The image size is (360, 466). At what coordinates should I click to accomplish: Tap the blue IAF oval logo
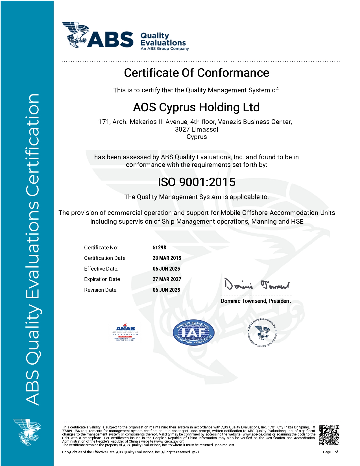pos(193,333)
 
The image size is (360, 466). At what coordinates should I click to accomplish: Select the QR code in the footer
pos(329,435)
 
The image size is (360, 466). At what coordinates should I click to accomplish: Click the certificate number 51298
pos(159,248)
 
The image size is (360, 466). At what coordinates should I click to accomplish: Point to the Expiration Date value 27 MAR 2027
pos(167,279)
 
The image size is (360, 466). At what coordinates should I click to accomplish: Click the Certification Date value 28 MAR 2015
pos(167,258)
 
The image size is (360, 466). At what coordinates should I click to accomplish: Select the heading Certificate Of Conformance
pos(197,73)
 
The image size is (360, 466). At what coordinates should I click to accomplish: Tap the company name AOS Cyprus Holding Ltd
pos(196,107)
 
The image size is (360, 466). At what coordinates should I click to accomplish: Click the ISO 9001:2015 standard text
pos(197,182)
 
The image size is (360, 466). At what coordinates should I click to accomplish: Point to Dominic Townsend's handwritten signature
pos(256,285)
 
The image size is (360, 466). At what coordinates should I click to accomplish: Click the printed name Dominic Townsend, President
pos(256,301)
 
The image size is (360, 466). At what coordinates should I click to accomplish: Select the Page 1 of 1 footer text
pos(332,452)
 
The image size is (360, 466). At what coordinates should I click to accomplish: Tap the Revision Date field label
pos(101,290)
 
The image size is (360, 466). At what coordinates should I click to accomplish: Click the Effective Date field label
pos(101,269)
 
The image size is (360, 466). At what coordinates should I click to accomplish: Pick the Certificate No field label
pos(101,248)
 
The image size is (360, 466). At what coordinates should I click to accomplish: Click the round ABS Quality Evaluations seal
pos(262,333)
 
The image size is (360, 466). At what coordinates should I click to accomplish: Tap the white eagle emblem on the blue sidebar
pos(27,432)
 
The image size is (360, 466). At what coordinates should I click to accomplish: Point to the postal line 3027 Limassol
pos(197,129)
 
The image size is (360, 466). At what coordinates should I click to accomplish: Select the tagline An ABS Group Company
pos(165,49)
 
